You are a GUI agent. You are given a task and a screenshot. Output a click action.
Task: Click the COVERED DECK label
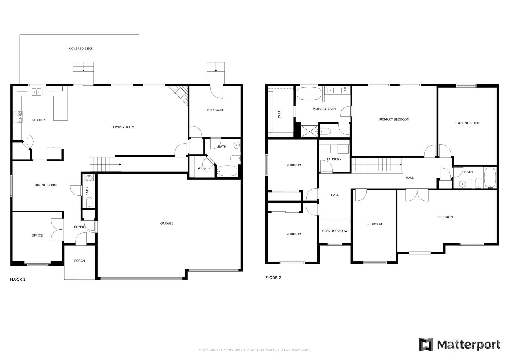point(81,49)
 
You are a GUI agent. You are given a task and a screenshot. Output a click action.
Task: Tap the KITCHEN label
point(39,120)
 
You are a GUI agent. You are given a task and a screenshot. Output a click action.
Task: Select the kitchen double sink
point(36,92)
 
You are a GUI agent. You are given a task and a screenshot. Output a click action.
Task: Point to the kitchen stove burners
point(18,116)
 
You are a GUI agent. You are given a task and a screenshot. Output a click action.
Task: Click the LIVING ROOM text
point(123,127)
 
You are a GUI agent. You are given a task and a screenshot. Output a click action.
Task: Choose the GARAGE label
point(167,223)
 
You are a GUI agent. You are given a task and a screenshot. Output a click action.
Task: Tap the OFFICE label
point(37,235)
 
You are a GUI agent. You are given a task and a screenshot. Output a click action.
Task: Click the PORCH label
point(79,261)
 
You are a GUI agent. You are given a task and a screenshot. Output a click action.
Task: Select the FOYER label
point(79,227)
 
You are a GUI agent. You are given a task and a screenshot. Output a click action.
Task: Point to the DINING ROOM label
point(45,185)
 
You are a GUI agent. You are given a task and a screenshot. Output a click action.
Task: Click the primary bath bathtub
point(309,93)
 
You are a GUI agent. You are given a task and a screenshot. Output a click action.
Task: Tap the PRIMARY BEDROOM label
point(394,119)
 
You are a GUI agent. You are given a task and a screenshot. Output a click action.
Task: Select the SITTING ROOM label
point(468,123)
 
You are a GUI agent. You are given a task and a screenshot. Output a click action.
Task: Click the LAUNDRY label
point(334,159)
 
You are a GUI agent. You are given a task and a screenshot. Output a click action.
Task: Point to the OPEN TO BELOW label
point(335,231)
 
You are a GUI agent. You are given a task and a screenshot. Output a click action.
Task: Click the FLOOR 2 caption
point(273,278)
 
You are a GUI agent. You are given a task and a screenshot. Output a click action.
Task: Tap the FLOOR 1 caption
point(18,279)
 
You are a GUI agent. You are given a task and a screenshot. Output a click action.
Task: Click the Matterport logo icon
point(426,345)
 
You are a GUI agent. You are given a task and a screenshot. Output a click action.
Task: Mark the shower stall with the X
point(309,131)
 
